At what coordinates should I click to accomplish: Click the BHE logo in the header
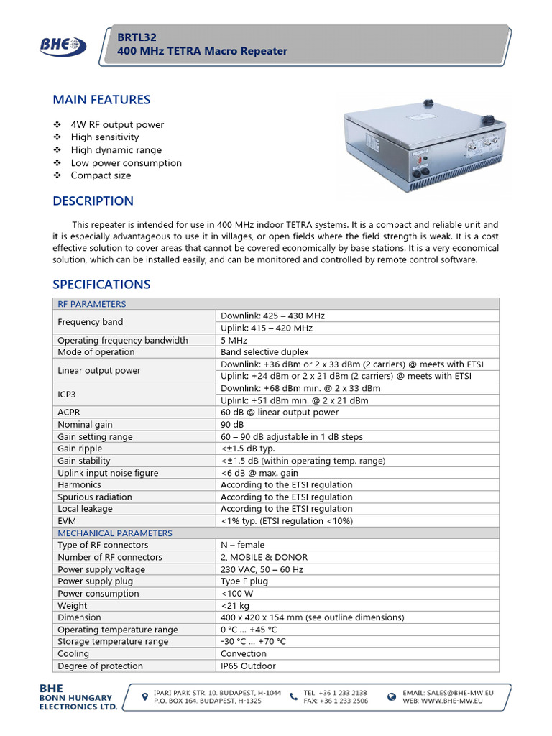(63, 46)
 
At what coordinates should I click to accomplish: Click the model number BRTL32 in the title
(137, 37)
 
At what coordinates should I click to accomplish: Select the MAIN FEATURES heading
(101, 100)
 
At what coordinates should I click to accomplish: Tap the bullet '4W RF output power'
(117, 124)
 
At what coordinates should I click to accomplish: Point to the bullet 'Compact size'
(101, 175)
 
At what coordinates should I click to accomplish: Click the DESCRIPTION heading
(93, 201)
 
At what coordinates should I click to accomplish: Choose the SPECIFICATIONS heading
(101, 285)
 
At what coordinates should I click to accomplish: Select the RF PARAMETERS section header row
(92, 304)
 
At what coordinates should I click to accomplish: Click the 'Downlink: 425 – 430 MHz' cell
(268, 316)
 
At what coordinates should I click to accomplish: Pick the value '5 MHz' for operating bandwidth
(234, 340)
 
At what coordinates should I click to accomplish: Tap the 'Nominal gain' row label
(85, 425)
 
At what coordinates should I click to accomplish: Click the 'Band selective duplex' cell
(264, 352)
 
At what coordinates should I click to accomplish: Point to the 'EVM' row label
(67, 521)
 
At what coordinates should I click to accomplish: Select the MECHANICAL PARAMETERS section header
(115, 533)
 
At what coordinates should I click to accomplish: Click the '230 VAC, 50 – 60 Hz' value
(264, 569)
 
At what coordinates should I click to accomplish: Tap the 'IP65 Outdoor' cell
(248, 666)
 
